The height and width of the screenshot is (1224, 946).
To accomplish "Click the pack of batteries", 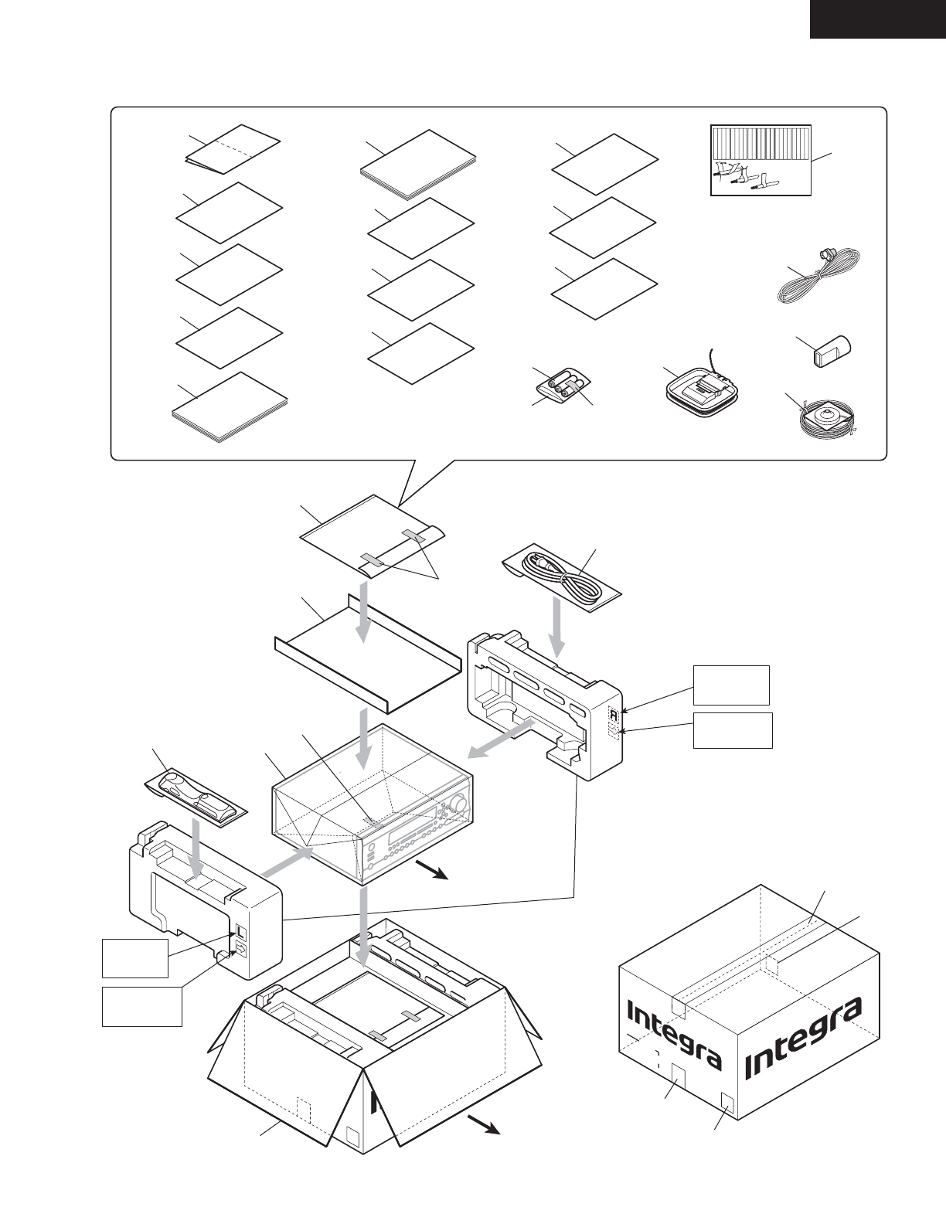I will [562, 384].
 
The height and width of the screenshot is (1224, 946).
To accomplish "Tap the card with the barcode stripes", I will [761, 160].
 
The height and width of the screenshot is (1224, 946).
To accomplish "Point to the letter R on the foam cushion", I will [613, 715].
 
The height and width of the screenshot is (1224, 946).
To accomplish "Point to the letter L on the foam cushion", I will [240, 932].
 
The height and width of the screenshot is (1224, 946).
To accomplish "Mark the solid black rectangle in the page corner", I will [877, 19].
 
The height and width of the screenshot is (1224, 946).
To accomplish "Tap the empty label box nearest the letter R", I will [730, 685].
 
